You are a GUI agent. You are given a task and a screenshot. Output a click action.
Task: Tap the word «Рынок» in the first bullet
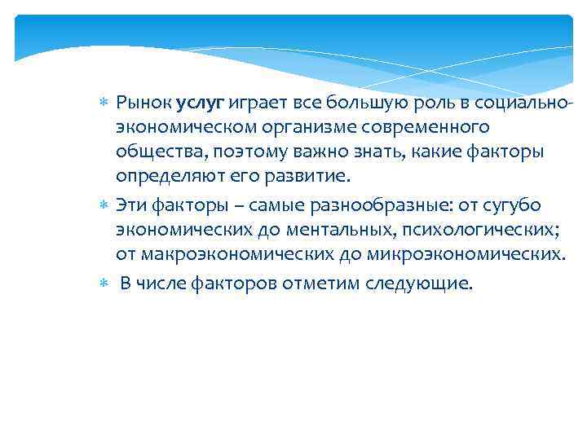click(144, 103)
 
